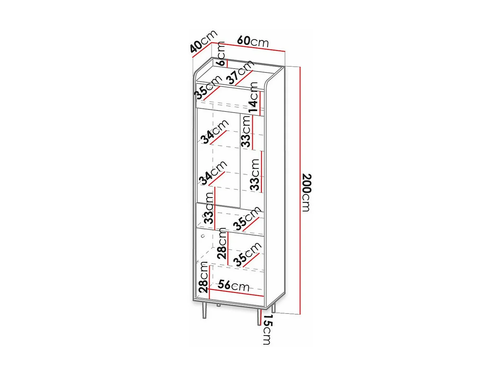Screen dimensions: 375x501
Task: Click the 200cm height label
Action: coord(307,192)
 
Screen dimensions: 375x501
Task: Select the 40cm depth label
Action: coord(203,41)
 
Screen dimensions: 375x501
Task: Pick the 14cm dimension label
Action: coord(253,97)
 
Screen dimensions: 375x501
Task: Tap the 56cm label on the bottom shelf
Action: coord(233,286)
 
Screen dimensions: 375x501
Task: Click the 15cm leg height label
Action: coord(267,329)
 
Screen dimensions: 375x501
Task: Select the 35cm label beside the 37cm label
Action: coord(207,87)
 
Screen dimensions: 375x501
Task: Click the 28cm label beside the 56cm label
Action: coord(203,277)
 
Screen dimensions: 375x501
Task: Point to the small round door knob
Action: coord(203,236)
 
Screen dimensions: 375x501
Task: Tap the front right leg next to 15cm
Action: coord(259,317)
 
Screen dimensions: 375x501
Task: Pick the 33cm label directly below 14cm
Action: coord(246,131)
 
